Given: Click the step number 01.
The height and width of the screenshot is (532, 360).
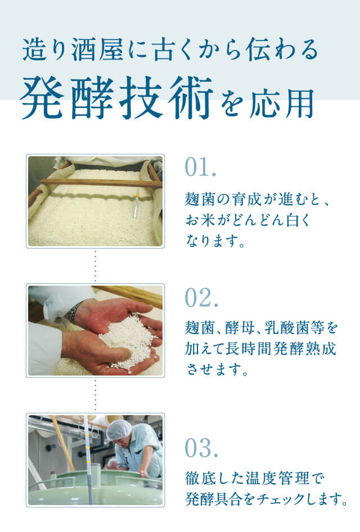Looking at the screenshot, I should [x=200, y=168].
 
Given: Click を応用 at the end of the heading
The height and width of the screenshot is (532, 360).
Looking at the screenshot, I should [x=268, y=102].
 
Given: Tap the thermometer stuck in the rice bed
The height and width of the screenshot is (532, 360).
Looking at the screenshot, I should [x=137, y=203].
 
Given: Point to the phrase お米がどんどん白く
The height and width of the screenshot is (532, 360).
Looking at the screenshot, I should [x=247, y=218].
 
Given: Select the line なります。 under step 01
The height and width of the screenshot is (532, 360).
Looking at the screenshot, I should [x=216, y=240].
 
